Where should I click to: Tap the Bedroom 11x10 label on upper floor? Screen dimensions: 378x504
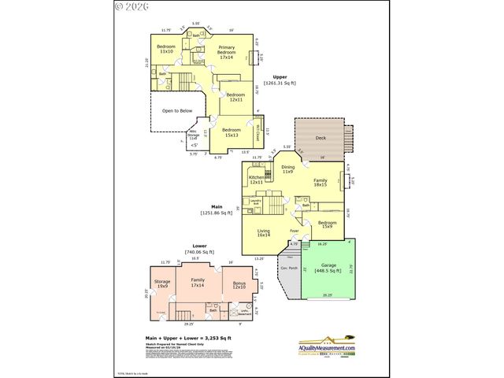(165, 49)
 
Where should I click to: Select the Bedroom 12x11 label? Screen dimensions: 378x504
(235, 98)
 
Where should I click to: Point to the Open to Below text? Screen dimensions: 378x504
(177, 111)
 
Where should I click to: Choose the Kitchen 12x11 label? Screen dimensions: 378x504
(258, 180)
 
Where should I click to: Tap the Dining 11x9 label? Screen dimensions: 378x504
(288, 169)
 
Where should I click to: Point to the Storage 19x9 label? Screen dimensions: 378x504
(162, 283)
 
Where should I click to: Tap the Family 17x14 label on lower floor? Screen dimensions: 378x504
(198, 282)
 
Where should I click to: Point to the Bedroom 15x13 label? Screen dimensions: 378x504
(232, 132)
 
